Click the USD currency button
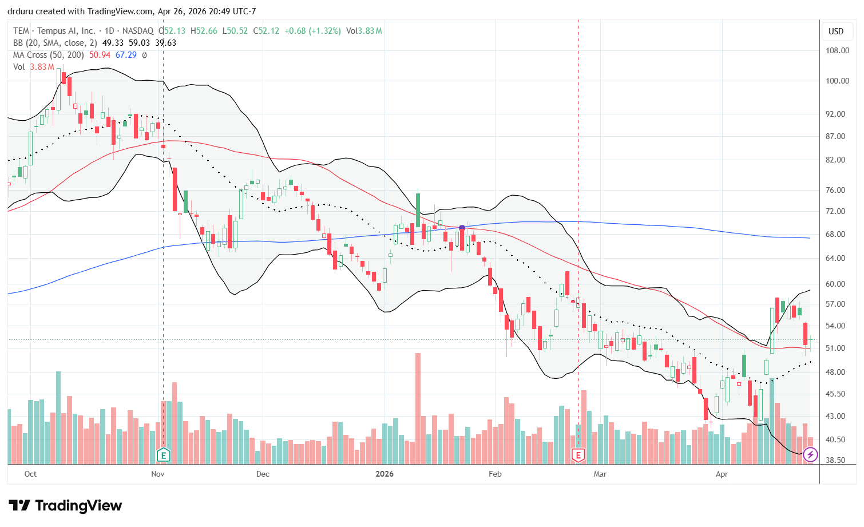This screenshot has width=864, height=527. click(x=836, y=31)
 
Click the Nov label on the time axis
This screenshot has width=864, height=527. click(x=158, y=474)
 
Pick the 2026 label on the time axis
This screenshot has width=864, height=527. click(x=385, y=474)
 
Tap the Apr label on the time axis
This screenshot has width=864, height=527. click(x=722, y=474)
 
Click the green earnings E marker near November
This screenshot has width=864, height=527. click(x=164, y=455)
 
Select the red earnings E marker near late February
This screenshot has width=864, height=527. click(x=578, y=455)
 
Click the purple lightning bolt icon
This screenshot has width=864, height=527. click(x=810, y=455)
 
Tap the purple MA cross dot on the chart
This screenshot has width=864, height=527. click(x=462, y=228)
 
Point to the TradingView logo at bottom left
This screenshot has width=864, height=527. click(x=65, y=506)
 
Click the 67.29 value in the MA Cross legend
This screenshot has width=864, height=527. click(x=126, y=55)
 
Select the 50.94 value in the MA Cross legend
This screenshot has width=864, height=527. click(x=100, y=55)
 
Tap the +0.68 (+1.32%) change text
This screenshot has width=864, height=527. click(x=312, y=31)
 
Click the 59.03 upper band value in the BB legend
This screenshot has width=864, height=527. click(x=140, y=43)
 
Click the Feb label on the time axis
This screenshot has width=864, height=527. click(x=495, y=474)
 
